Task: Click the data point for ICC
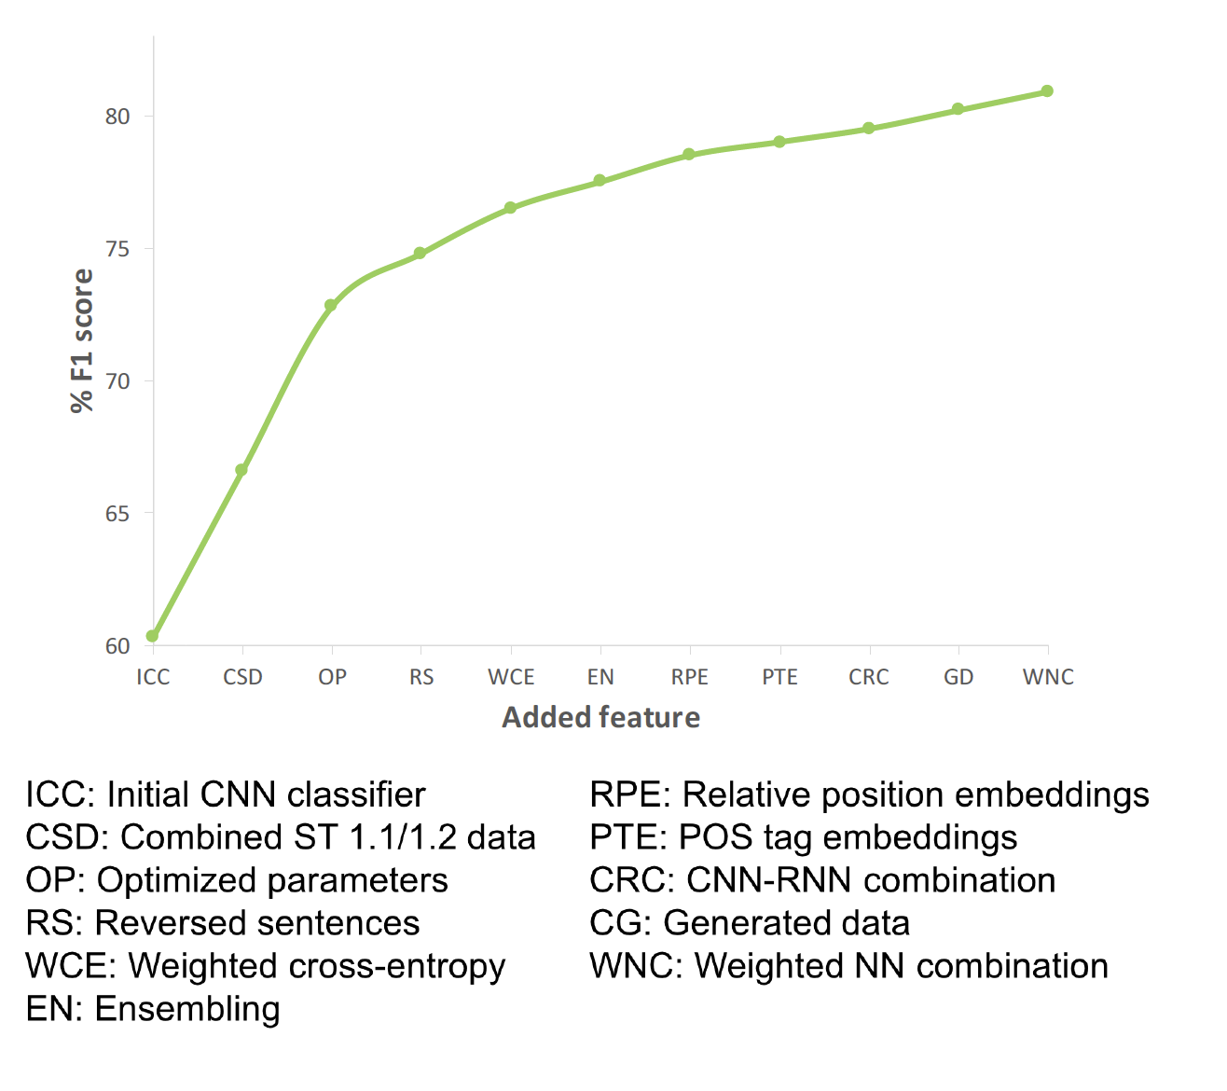[x=152, y=636]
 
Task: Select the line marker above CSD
[x=241, y=470]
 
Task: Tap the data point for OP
[x=330, y=305]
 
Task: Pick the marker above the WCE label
[x=511, y=208]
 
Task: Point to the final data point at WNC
[x=1047, y=90]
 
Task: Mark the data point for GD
[x=958, y=109]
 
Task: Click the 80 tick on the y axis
[x=117, y=117]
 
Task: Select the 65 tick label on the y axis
[x=117, y=514]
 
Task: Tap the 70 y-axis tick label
[x=117, y=381]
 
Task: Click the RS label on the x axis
[x=421, y=677]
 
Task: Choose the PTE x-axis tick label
[x=779, y=677]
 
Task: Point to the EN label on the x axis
[x=600, y=677]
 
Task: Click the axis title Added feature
[x=600, y=717]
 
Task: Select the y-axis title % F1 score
[x=83, y=341]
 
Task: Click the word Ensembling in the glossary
[x=187, y=1009]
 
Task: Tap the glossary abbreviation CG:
[x=621, y=923]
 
